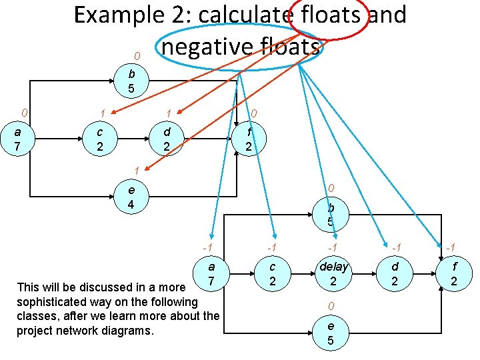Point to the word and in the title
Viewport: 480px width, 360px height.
387,15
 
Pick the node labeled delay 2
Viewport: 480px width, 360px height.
333,274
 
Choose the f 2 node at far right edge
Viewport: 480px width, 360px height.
454,274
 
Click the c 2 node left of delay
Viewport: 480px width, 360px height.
272,274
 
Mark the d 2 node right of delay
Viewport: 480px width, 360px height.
394,274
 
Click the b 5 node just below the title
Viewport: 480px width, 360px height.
131,81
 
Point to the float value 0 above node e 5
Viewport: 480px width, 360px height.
330,306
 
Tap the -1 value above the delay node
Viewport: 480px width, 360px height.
331,248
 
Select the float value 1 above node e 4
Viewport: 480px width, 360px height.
135,170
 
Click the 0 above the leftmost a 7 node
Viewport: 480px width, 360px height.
24,111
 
